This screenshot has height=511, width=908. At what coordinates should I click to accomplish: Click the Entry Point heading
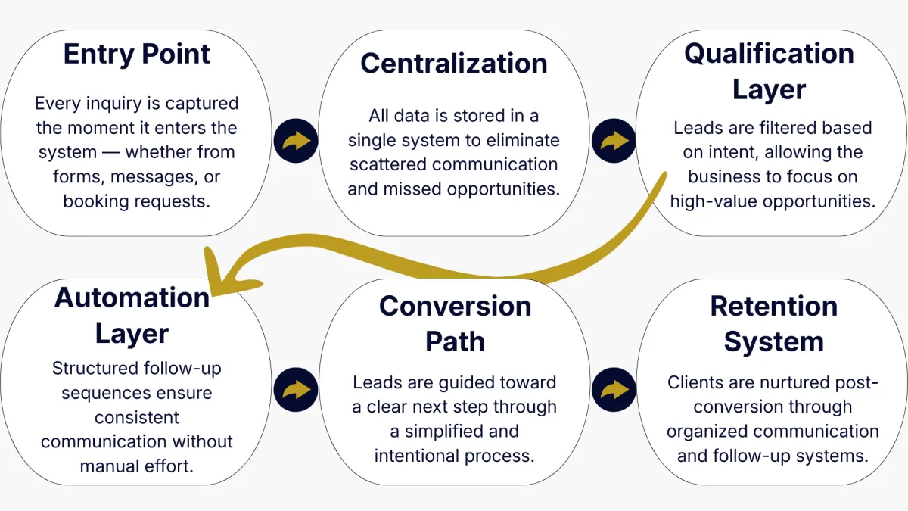pyautogui.click(x=137, y=55)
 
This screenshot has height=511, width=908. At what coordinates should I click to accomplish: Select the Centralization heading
pyautogui.click(x=454, y=63)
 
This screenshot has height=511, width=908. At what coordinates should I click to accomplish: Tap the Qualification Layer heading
pyautogui.click(x=770, y=71)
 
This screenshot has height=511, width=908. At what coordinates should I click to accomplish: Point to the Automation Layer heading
pyautogui.click(x=132, y=316)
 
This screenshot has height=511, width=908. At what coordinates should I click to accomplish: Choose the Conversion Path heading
pyautogui.click(x=455, y=323)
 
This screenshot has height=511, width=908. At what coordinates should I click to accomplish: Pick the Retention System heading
pyautogui.click(x=773, y=323)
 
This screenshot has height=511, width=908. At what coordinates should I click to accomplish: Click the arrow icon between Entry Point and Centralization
pyautogui.click(x=296, y=141)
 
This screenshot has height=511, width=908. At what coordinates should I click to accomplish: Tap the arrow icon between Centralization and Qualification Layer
pyautogui.click(x=614, y=141)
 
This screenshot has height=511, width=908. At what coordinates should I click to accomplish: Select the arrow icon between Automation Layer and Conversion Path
pyautogui.click(x=296, y=391)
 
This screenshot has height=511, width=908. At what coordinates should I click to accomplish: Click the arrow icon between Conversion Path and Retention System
pyautogui.click(x=614, y=391)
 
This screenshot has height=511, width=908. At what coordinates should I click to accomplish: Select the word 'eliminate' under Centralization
pyautogui.click(x=524, y=140)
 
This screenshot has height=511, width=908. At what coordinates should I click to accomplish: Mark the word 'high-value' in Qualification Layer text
pyautogui.click(x=710, y=201)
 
